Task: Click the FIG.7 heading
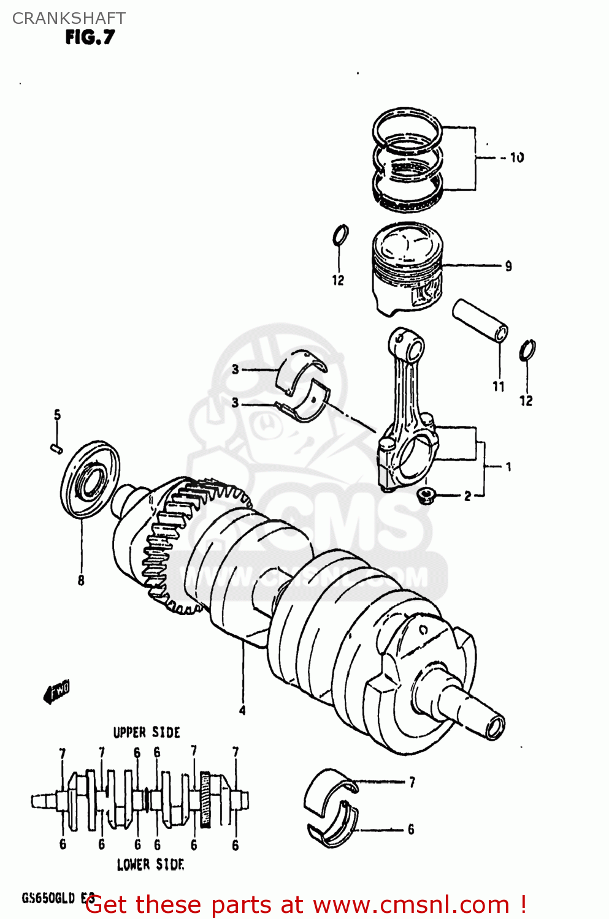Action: [x=90, y=37]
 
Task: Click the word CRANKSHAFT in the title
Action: [x=69, y=18]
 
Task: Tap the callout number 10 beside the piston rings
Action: [x=516, y=157]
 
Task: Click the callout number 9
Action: [x=508, y=266]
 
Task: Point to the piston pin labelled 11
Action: [x=480, y=320]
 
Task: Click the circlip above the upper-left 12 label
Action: [x=340, y=235]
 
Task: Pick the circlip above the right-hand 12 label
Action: [x=527, y=351]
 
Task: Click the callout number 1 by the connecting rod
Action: [x=508, y=467]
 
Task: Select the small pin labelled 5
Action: [x=56, y=448]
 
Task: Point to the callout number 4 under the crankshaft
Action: [x=242, y=710]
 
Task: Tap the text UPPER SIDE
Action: [x=147, y=732]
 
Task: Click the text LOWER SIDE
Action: [x=150, y=864]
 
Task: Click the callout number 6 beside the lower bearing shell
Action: [x=411, y=829]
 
